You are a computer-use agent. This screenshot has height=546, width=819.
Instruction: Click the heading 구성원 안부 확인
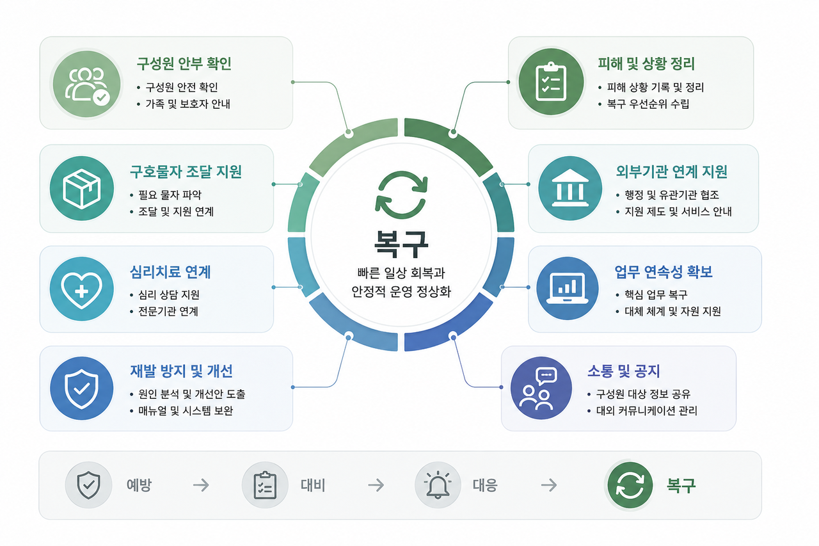[x=184, y=63]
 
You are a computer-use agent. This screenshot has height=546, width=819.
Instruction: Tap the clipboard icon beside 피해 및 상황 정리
[x=551, y=82]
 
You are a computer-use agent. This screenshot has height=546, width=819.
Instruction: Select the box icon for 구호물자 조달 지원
[x=82, y=189]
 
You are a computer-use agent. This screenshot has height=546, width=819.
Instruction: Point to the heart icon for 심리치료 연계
[x=81, y=289]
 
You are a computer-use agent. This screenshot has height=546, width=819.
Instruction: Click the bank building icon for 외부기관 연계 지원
[x=570, y=188]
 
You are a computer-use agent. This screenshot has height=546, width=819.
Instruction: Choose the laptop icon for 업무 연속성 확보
[x=568, y=289]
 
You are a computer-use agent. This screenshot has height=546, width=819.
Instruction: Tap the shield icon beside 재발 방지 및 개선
[x=81, y=389]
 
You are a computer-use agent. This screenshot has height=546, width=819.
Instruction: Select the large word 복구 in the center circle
[x=401, y=245]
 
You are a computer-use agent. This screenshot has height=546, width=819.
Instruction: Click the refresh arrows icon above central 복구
[x=401, y=195]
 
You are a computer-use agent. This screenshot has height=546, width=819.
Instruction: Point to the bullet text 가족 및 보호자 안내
[x=188, y=104]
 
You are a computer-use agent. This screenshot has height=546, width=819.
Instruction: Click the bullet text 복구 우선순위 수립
[x=648, y=104]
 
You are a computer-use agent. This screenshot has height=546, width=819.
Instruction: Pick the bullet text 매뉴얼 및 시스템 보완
[x=186, y=411]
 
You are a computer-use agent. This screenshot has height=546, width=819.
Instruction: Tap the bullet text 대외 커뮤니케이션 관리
[x=647, y=411]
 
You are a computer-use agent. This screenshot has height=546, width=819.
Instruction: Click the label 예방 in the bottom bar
[x=139, y=485]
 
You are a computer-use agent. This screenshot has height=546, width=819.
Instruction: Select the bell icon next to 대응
[x=438, y=485]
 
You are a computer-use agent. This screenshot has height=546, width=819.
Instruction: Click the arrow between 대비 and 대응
[x=376, y=485]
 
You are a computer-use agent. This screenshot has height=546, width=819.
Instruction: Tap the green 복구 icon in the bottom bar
[x=630, y=485]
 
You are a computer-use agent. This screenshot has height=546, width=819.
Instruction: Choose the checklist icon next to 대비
[x=265, y=485]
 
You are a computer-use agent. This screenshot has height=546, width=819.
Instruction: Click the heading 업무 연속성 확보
[x=664, y=272]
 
